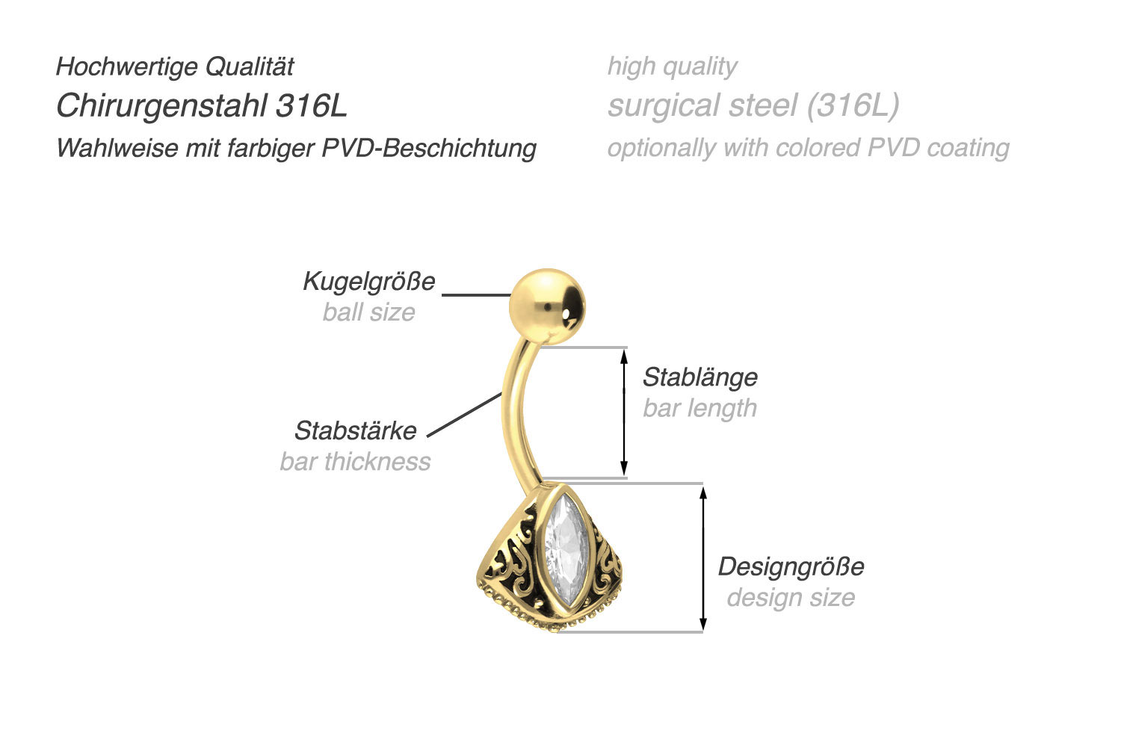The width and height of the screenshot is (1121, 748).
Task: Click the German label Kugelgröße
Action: pyautogui.click(x=368, y=281)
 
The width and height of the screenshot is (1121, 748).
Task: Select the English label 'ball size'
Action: pyautogui.click(x=368, y=312)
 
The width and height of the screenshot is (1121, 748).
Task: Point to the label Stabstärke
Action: pyautogui.click(x=355, y=430)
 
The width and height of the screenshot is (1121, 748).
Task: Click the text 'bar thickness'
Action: pyautogui.click(x=355, y=461)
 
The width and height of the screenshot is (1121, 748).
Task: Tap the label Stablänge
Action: pyautogui.click(x=700, y=377)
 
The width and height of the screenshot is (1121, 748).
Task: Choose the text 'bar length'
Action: pyautogui.click(x=700, y=408)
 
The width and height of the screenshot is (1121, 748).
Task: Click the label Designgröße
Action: pyautogui.click(x=791, y=566)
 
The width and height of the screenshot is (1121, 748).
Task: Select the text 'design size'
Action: pyautogui.click(x=791, y=597)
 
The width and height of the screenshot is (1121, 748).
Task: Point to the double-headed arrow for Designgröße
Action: pyautogui.click(x=702, y=557)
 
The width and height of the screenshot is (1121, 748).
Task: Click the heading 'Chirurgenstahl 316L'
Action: pyautogui.click(x=202, y=106)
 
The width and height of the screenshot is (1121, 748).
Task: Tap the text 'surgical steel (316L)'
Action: pyautogui.click(x=753, y=106)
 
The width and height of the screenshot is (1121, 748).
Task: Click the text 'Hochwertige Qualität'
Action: pyautogui.click(x=175, y=67)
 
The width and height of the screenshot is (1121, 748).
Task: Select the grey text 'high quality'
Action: pyautogui.click(x=672, y=67)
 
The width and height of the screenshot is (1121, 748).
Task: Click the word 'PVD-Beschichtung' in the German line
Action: pyautogui.click(x=429, y=148)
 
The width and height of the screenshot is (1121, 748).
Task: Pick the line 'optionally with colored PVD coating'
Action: pyautogui.click(x=808, y=148)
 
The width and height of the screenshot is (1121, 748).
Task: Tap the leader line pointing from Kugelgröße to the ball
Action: pyautogui.click(x=476, y=295)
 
